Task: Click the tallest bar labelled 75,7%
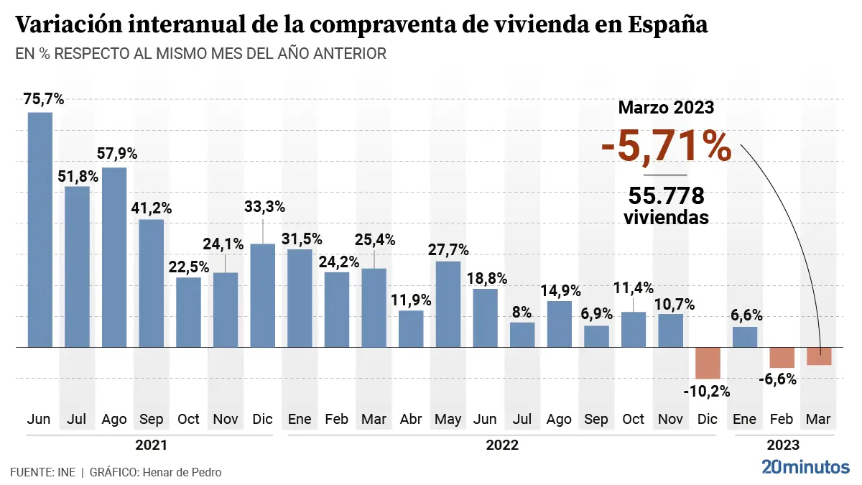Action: coord(40,230)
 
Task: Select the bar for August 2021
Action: coord(114,257)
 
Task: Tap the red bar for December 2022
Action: coord(708,363)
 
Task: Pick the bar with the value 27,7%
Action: coord(448,304)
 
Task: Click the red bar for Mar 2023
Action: coord(819,356)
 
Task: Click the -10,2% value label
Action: coord(708,392)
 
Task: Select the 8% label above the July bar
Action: coord(522,312)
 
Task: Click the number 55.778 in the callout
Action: coord(666,196)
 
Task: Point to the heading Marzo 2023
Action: coord(666,108)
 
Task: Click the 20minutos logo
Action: coord(805,467)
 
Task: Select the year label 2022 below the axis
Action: coord(502,445)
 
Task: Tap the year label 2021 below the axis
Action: coord(151,445)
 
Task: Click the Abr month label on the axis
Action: coord(411,419)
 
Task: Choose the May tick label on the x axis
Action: coord(448,419)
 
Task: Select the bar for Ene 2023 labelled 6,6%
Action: coord(745,337)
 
